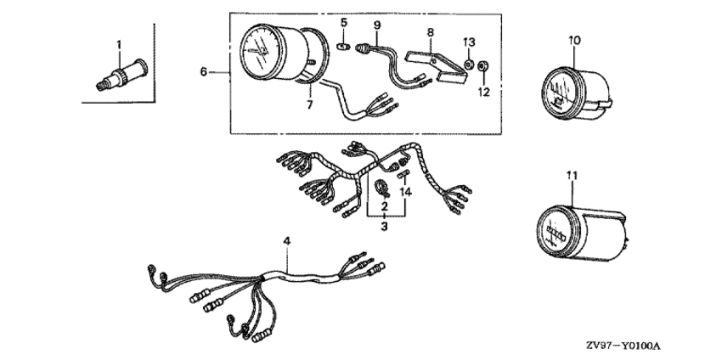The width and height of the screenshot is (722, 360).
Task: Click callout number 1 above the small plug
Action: coord(119,45)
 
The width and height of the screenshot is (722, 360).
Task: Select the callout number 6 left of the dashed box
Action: coord(204,72)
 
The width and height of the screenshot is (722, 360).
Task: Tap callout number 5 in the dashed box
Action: coord(343,22)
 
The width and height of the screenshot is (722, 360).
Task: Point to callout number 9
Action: coord(377,25)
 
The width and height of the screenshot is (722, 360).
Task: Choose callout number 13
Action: coord(469,42)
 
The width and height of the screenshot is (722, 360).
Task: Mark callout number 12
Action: coord(483,92)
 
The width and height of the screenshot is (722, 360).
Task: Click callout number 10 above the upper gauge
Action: coord(574,41)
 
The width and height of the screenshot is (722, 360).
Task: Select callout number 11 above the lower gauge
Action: coord(572,176)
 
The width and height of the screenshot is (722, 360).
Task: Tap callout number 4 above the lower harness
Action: coord(287,241)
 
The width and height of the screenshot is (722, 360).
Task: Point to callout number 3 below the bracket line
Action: coord(385,226)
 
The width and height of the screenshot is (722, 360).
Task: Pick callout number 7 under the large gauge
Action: coord(309,105)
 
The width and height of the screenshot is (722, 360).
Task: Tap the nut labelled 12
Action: coord(483,66)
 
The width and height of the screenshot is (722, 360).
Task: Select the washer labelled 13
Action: coord(467,64)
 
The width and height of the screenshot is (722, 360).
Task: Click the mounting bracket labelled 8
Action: coord(436,68)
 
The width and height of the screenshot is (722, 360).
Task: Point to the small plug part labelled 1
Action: coord(121,75)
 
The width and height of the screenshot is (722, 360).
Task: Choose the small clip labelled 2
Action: coord(382,187)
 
